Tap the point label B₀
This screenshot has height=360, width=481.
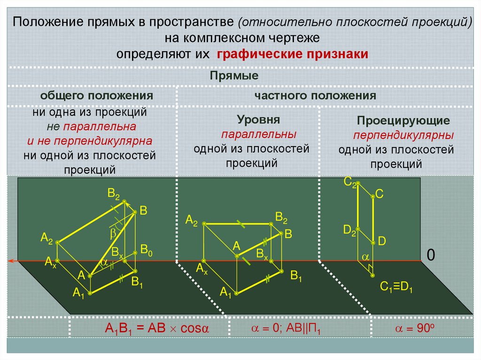(x=147, y=250)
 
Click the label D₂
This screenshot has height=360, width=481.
(x=349, y=230)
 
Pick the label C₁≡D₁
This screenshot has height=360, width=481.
(x=396, y=287)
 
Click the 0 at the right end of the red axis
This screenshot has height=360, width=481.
(x=431, y=255)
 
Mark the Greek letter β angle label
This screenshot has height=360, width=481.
(x=113, y=233)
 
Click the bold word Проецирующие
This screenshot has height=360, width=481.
(x=403, y=121)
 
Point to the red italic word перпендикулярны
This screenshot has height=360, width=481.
(x=403, y=136)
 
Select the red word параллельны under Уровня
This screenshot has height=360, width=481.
(x=259, y=134)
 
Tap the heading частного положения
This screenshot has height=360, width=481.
(x=315, y=96)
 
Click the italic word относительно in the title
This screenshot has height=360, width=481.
(x=278, y=23)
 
